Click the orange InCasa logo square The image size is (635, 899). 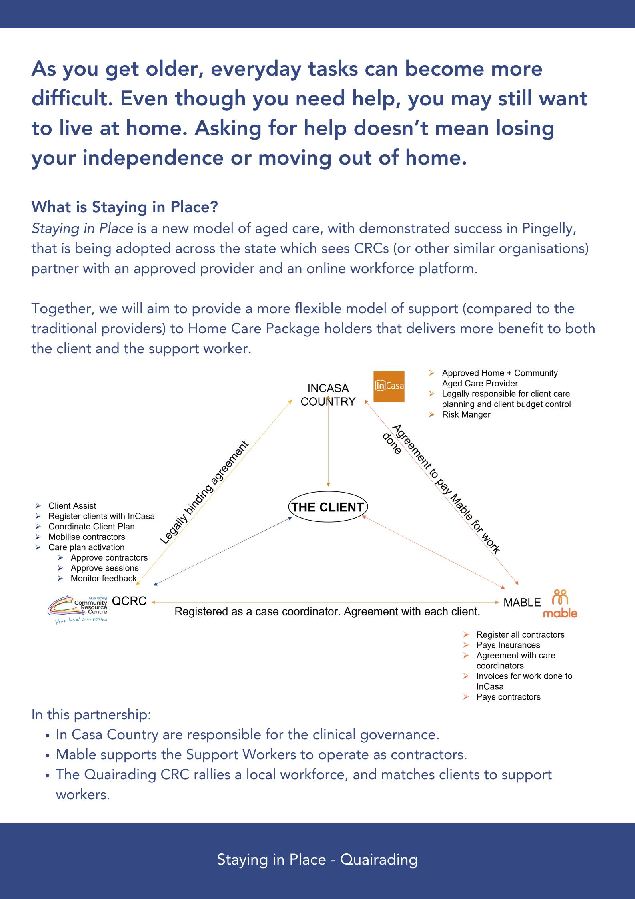(x=389, y=386)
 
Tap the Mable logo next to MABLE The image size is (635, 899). (x=560, y=603)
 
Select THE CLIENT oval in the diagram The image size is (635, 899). (x=328, y=507)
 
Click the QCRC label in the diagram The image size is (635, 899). (x=129, y=601)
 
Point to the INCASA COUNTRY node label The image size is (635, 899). (x=328, y=395)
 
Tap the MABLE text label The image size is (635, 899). (x=522, y=603)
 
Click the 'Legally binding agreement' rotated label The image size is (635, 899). (x=204, y=493)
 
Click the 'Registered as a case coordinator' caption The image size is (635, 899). (x=327, y=612)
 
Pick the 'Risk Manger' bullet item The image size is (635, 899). (x=466, y=415)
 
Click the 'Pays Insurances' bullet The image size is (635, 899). (x=508, y=645)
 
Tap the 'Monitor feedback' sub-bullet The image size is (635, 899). (x=104, y=578)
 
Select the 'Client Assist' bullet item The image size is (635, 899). (x=72, y=506)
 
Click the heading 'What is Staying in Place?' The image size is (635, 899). (x=125, y=207)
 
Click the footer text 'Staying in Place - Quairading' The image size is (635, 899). (x=317, y=860)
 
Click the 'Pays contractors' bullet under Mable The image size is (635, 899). (x=508, y=697)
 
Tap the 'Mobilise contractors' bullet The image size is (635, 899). (x=86, y=537)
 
